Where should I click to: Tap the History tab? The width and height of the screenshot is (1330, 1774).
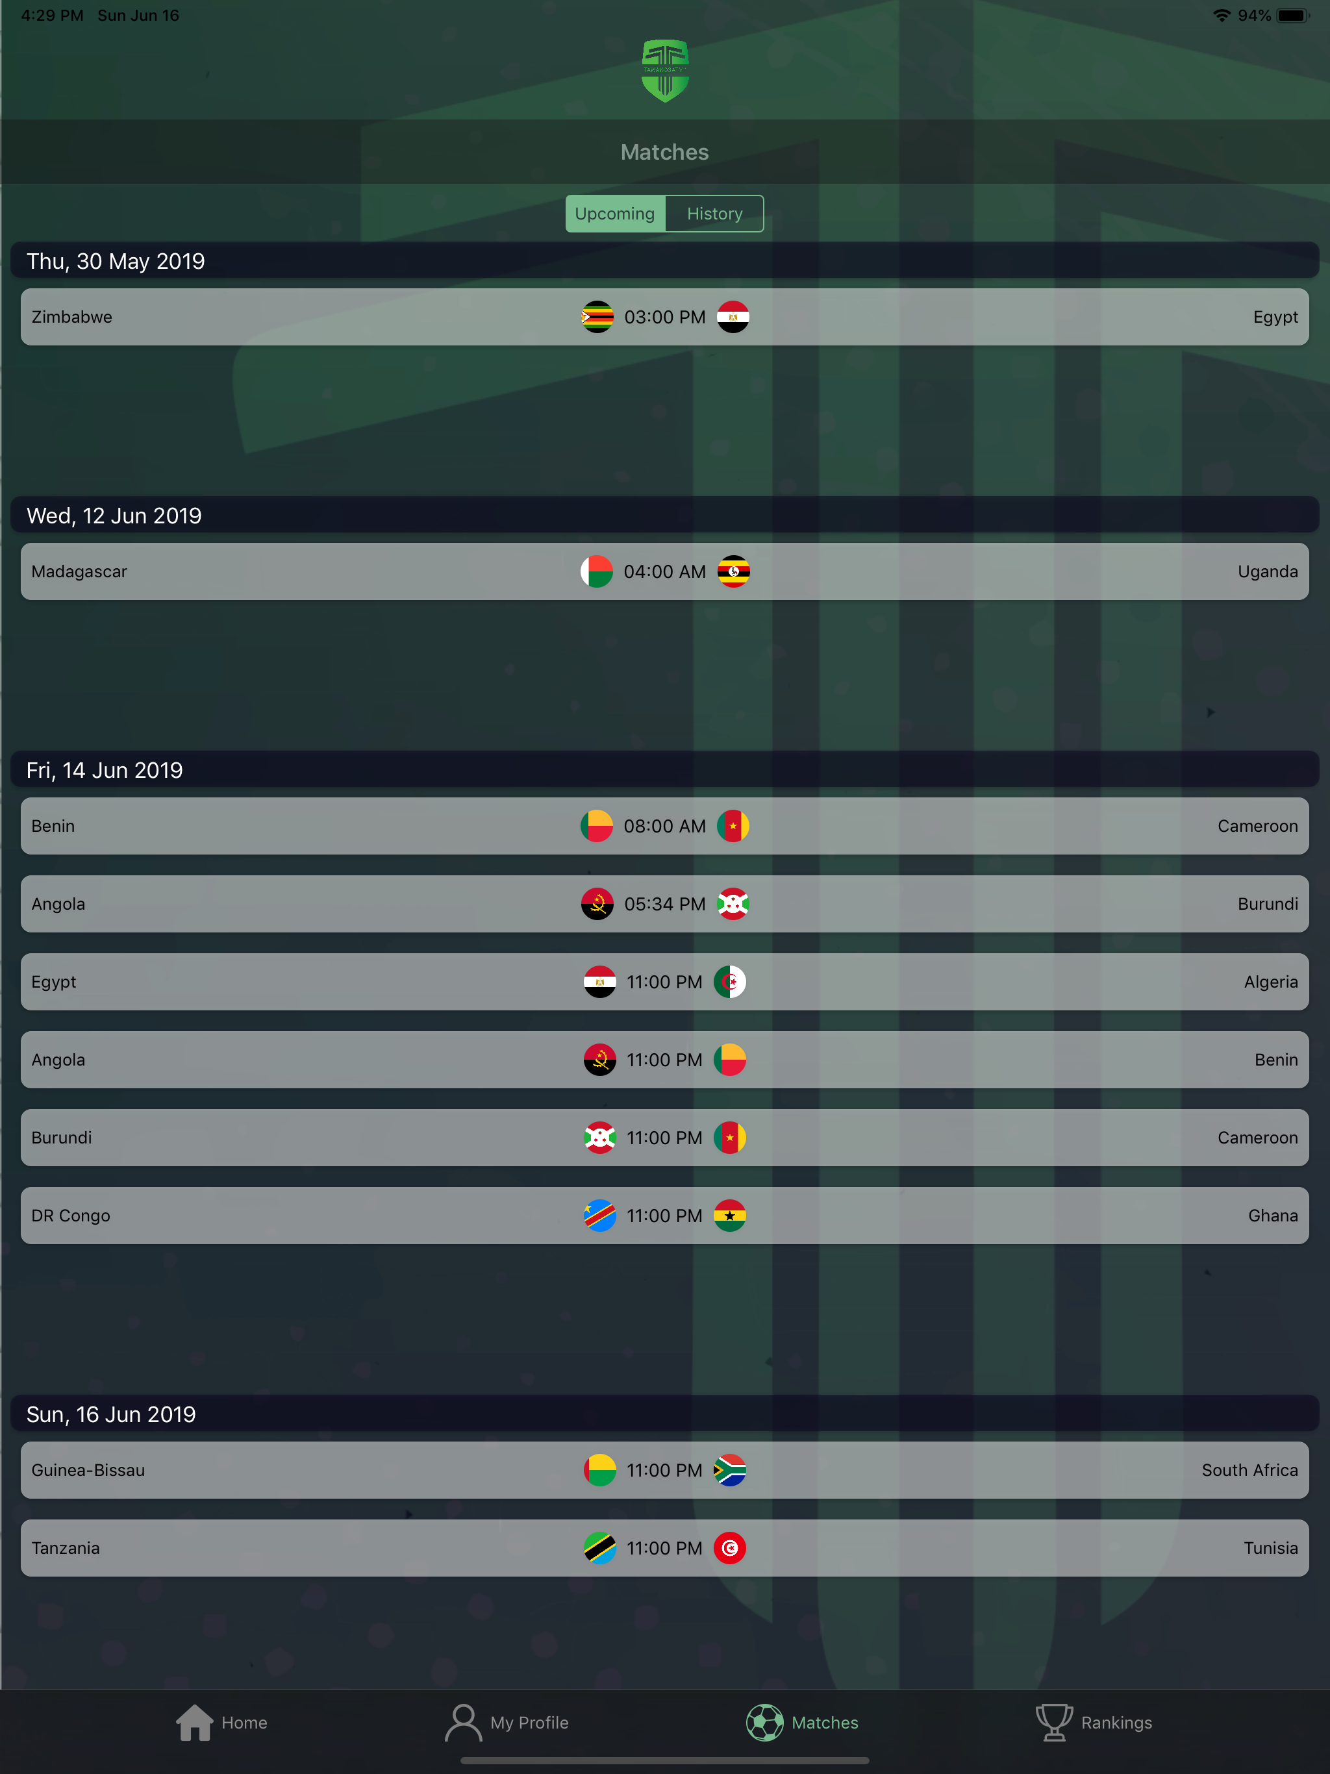(x=714, y=214)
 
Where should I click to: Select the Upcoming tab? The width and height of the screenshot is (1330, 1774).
(x=615, y=214)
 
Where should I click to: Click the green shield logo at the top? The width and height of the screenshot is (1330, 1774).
(x=665, y=71)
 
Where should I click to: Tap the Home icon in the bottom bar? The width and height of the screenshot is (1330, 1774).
(x=195, y=1722)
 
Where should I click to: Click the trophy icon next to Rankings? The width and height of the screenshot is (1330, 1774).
(x=1054, y=1722)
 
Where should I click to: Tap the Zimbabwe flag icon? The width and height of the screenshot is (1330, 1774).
(x=597, y=317)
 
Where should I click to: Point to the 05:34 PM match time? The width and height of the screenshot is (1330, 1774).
(x=665, y=904)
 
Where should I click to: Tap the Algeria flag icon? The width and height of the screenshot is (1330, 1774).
(x=730, y=982)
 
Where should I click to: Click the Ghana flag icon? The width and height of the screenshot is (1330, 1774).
(x=730, y=1215)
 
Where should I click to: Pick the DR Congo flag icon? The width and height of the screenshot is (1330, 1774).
(x=600, y=1215)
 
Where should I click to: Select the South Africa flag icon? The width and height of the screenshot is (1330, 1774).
(x=730, y=1469)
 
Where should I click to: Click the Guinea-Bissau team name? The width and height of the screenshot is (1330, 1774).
(x=88, y=1469)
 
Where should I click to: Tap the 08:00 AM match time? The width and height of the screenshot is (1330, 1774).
(x=665, y=826)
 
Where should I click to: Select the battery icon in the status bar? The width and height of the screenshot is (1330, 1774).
(x=1293, y=15)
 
